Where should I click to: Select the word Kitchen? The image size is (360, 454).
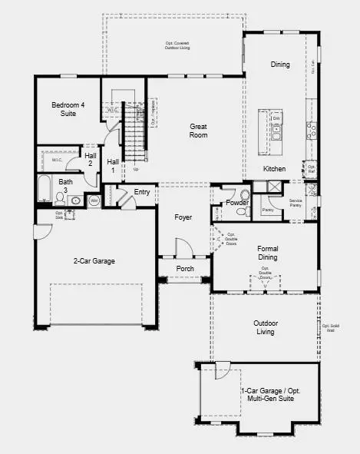(274, 168)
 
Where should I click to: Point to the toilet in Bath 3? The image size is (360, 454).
(60, 200)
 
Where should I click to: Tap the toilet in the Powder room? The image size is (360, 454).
(245, 195)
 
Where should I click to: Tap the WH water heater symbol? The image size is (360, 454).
(94, 200)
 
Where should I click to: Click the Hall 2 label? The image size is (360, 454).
(90, 160)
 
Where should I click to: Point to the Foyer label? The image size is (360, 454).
(183, 217)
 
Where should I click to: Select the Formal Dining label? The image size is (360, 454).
(268, 254)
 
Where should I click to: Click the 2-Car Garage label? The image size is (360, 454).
(94, 261)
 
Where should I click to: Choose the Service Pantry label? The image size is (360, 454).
(296, 203)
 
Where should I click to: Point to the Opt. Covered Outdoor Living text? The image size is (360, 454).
(177, 45)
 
